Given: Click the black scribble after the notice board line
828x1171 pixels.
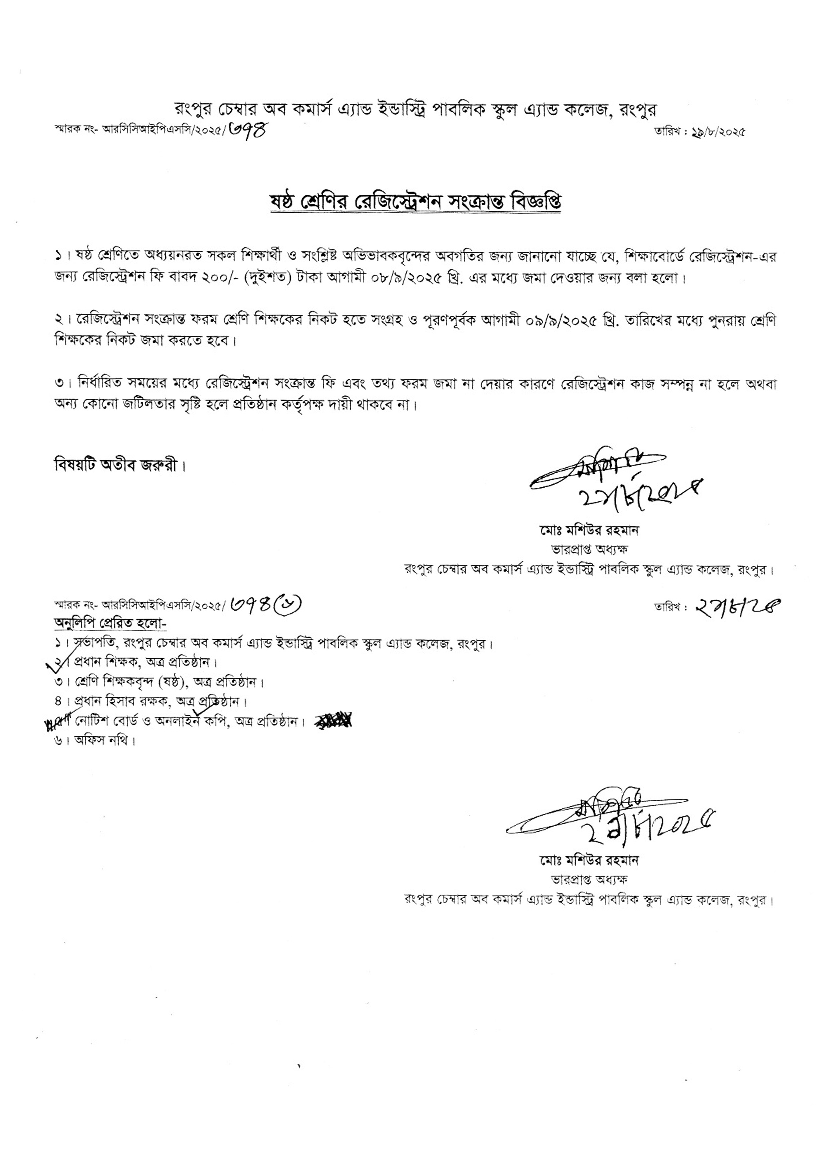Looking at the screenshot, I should (334, 721).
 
